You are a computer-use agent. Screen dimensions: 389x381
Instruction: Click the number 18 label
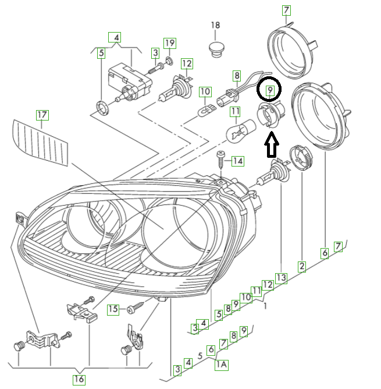coord(216,26)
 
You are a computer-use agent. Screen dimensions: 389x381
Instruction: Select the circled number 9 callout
coord(269,89)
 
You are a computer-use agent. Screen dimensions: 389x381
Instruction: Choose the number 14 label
coord(237,160)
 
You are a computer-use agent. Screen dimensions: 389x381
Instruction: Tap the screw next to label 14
coord(220,159)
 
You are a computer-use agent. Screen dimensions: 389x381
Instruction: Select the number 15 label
coord(113,309)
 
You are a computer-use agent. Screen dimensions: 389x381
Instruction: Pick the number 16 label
coord(79,379)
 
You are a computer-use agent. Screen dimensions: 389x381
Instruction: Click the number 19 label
coord(169,43)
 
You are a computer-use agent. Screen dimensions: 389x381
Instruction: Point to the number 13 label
coord(281,278)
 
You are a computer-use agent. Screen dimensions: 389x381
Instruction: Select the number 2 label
coord(302,267)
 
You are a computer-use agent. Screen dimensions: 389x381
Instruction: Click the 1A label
coord(222,365)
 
